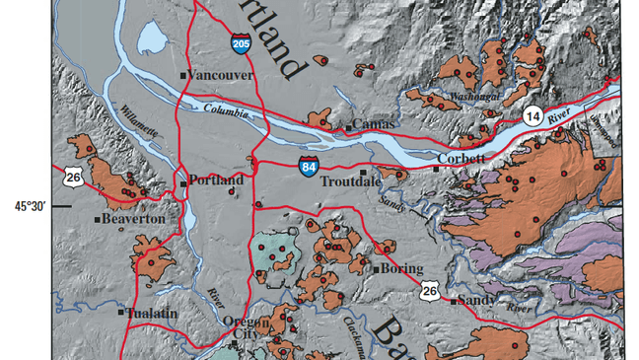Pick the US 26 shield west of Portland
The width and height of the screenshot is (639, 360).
pos(71,178)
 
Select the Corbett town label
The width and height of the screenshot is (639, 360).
pos(460,159)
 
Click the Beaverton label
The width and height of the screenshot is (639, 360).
pos(133,218)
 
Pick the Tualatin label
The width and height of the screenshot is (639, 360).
pos(153,313)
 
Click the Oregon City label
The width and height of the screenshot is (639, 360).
pos(247,328)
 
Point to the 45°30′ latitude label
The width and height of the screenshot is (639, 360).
pos(31,205)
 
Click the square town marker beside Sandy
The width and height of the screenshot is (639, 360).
pos(453,302)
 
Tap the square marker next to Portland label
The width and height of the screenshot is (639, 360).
pos(182,180)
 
